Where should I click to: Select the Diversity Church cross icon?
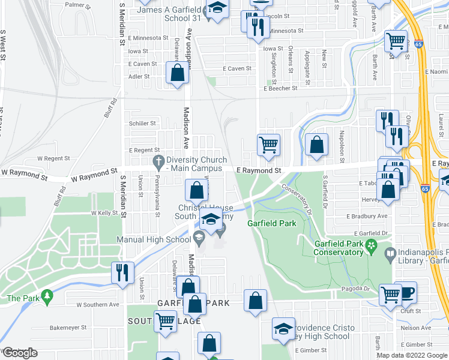tap(158, 161)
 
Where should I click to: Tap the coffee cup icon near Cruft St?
tap(405, 292)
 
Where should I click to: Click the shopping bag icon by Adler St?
tap(178, 74)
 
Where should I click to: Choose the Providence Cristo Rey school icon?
tap(283, 328)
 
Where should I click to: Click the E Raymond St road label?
tap(259, 171)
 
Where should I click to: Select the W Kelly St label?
tap(104, 213)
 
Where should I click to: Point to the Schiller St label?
tap(142, 124)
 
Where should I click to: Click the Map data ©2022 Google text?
tap(412, 355)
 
